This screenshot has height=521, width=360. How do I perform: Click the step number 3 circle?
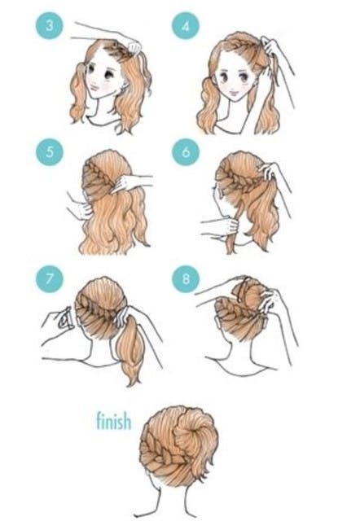[x=49, y=25]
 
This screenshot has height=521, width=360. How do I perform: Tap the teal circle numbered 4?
[x=186, y=25]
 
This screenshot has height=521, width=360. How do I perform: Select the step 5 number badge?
[x=50, y=152]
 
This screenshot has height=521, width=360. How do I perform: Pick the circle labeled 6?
[x=186, y=152]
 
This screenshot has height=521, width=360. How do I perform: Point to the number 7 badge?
[x=50, y=278]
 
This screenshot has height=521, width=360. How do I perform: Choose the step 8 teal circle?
[x=186, y=278]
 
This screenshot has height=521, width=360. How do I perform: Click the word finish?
[x=114, y=421]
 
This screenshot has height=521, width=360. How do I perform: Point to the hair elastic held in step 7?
[x=66, y=318]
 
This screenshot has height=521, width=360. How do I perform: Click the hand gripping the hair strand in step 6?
[x=230, y=226]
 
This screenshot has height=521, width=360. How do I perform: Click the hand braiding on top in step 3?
[x=133, y=46]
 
